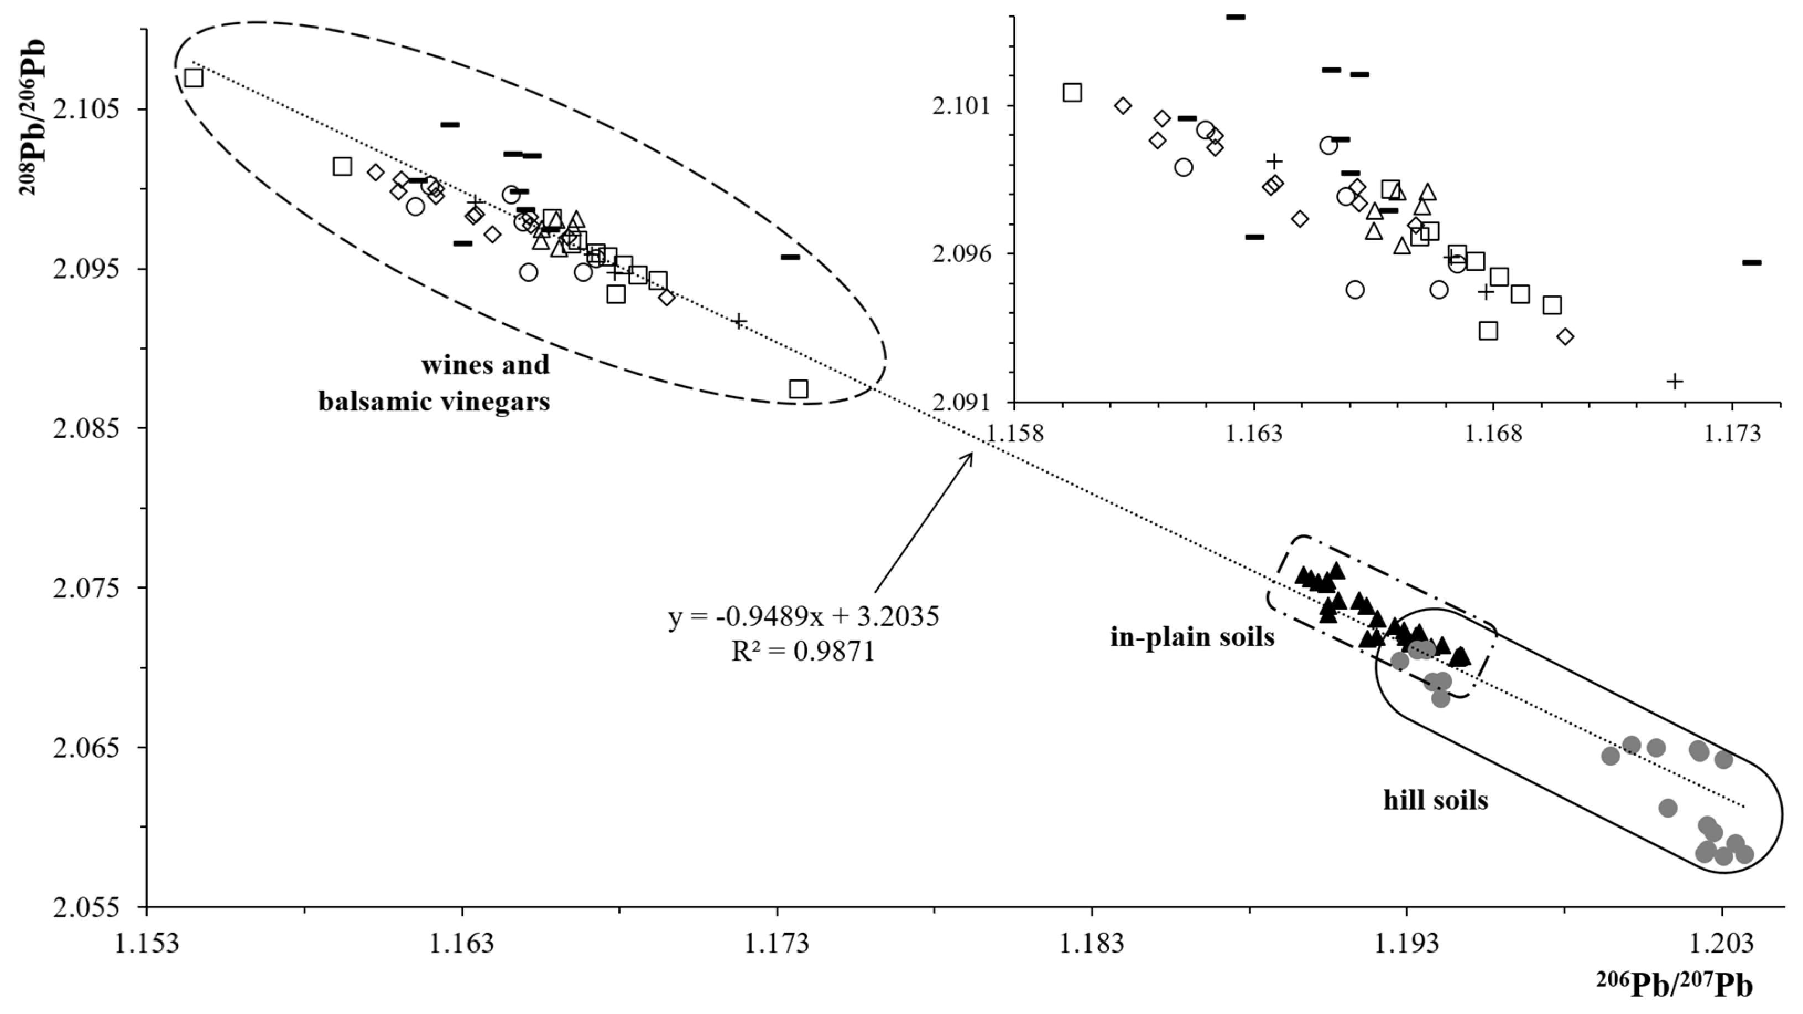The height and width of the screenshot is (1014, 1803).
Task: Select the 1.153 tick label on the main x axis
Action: click(145, 943)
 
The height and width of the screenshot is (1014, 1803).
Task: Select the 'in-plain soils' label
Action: click(1192, 637)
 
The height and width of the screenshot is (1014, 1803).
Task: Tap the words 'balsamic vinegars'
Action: click(434, 401)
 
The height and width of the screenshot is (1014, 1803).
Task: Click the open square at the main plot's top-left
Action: click(194, 78)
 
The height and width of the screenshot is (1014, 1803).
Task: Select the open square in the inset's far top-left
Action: click(1072, 92)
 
